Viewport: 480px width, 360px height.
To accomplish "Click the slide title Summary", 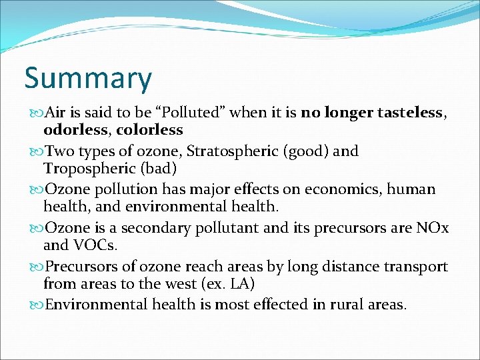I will pos(88,78).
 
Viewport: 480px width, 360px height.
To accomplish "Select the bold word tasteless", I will pos(411,113).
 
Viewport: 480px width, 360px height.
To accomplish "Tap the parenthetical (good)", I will pos(307,151).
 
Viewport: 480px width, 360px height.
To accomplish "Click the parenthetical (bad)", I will pos(156,168).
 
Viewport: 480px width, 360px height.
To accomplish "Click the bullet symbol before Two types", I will pos(37,151).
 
